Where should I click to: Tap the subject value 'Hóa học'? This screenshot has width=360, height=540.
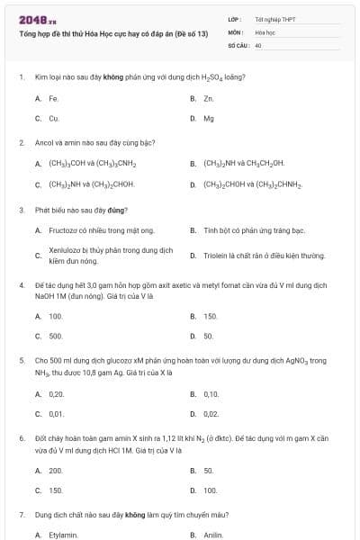point(264,31)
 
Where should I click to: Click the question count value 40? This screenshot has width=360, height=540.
point(258,44)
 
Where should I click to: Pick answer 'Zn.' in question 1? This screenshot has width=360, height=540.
point(208,97)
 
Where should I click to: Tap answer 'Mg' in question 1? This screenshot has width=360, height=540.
point(209,118)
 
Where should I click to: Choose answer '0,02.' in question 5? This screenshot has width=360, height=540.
point(211,414)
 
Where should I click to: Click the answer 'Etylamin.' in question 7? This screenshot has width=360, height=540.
point(63,535)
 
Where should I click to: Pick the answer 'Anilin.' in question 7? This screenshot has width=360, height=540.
point(212,535)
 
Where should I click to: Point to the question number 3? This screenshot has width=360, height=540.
point(21,211)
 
